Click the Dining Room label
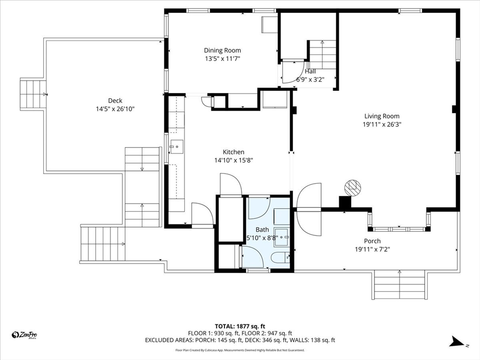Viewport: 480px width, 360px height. [222, 51]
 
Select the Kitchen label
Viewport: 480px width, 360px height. [233, 152]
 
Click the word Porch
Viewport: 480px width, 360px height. [373, 241]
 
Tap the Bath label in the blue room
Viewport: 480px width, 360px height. [262, 230]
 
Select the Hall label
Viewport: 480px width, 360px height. [310, 71]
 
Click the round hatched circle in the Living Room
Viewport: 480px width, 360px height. [352, 188]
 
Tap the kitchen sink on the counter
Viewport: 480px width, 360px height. [177, 147]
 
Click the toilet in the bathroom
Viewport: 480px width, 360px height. [280, 257]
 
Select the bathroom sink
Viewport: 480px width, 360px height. [282, 238]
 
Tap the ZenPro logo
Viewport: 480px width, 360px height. [24, 335]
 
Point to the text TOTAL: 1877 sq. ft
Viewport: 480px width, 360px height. [240, 326]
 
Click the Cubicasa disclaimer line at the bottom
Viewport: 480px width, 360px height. [240, 350]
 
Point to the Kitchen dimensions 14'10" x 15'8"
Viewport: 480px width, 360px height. [233, 160]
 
